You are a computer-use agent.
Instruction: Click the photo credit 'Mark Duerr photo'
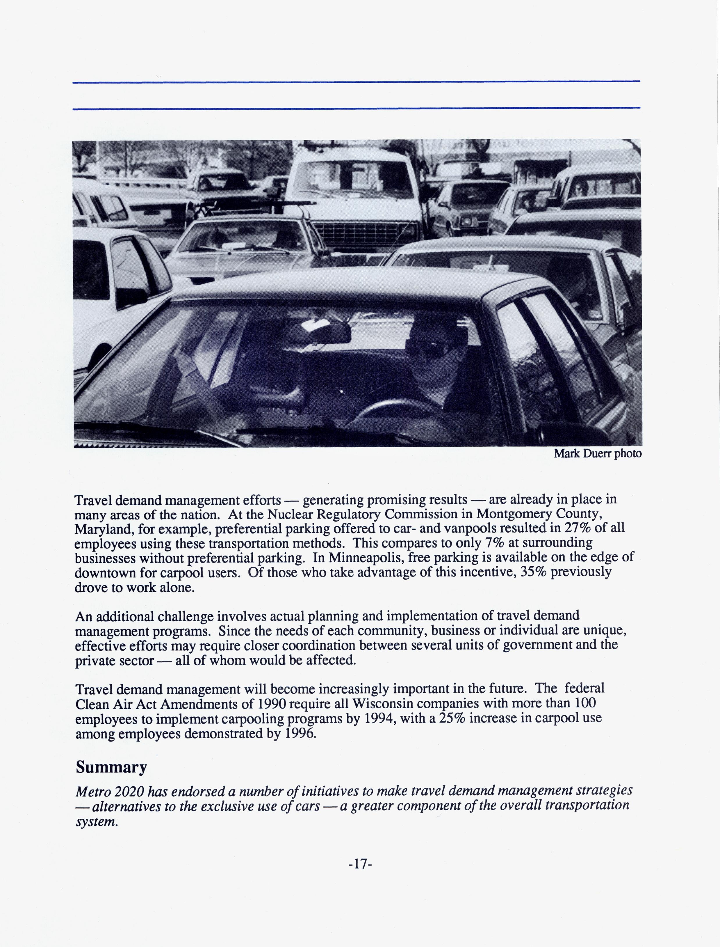(597, 454)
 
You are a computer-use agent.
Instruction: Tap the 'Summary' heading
(111, 767)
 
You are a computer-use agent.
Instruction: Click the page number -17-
(360, 864)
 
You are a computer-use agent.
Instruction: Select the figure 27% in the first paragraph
(578, 528)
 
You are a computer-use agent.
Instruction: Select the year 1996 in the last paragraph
(300, 733)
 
